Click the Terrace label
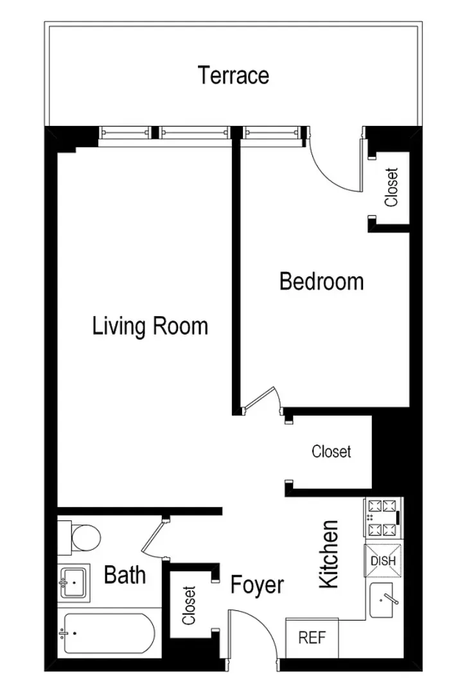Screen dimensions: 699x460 (233, 76)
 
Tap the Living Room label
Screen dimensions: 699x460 (150, 326)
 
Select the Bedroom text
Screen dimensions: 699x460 (321, 281)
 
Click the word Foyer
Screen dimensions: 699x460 (257, 585)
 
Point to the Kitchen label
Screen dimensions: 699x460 (329, 554)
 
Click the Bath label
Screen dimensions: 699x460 (125, 574)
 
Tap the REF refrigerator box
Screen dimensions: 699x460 (312, 638)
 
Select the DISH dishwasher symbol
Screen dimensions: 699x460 (383, 561)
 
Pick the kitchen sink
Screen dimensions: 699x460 (386, 600)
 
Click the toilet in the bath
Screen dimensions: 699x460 (82, 537)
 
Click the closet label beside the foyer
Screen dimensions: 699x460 (189, 605)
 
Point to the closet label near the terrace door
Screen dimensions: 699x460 (391, 187)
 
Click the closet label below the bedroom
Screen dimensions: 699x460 (332, 452)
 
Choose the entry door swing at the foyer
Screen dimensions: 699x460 (254, 633)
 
